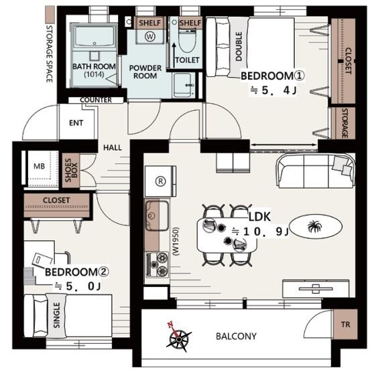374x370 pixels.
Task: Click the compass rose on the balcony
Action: [178, 337]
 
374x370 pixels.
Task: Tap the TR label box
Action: [345, 324]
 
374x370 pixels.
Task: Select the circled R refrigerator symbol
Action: [160, 181]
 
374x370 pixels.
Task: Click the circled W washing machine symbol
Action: [150, 36]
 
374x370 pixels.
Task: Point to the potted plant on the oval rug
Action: [314, 226]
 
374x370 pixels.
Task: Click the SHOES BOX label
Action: [71, 170]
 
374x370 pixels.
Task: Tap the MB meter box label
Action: [40, 166]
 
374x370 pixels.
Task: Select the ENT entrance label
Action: [76, 123]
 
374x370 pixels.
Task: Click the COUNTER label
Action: [96, 100]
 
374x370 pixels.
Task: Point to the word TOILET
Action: [187, 60]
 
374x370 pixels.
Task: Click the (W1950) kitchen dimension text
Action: [176, 242]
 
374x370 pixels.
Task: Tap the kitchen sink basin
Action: [157, 215]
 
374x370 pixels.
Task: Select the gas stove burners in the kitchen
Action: [158, 265]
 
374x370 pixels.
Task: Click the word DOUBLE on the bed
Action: [239, 46]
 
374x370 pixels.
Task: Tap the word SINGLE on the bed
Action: [56, 315]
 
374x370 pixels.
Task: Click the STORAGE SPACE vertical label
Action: [49, 54]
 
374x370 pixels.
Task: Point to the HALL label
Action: [113, 148]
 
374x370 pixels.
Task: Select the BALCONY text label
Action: [236, 336]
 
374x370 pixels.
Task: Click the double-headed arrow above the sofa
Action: [284, 145]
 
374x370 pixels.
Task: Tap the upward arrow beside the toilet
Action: [174, 55]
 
